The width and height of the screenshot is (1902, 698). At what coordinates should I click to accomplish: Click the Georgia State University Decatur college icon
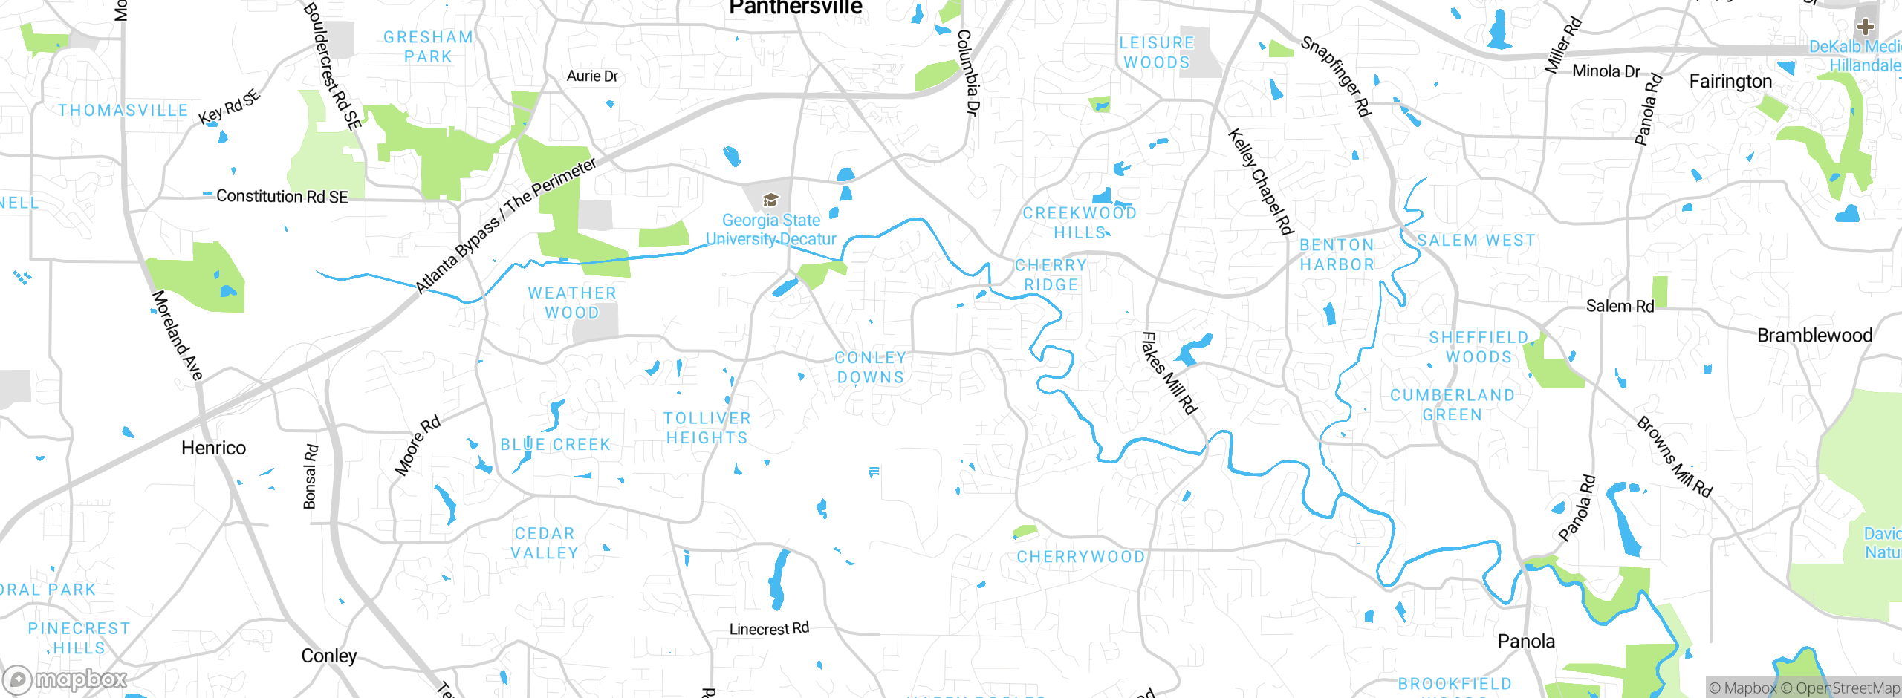pos(770,200)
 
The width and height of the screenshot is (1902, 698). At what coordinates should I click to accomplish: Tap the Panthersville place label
pos(795,7)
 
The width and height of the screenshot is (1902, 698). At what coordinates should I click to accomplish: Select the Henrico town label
pos(213,448)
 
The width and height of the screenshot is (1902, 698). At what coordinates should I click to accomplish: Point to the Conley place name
pos(329,656)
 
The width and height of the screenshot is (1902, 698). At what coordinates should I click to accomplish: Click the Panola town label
pos(1526,642)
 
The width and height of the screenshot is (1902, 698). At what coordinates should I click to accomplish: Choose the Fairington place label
pos(1730,82)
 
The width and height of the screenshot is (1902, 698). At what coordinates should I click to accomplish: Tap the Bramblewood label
pos(1814,336)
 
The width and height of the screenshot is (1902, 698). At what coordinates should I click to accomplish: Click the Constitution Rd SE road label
pos(282,197)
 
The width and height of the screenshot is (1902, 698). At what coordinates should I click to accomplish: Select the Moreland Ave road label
pos(177,336)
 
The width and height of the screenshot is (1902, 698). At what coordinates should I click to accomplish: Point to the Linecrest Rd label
pos(769,629)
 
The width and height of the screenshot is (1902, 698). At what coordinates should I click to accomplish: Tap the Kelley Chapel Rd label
pos(1261,182)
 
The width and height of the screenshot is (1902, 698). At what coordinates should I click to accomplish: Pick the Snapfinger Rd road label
pos(1335,76)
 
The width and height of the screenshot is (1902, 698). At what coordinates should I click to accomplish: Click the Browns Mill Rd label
pos(1674,457)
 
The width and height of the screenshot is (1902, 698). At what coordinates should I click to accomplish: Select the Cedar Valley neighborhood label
pos(545,544)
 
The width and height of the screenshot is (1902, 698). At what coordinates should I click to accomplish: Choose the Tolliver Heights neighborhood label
pos(707,428)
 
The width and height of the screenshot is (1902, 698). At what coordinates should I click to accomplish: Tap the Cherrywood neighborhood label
pos(1081,557)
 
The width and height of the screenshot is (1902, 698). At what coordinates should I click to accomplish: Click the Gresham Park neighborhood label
pos(429,47)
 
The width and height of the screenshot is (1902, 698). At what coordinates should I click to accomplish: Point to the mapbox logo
pos(65,679)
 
